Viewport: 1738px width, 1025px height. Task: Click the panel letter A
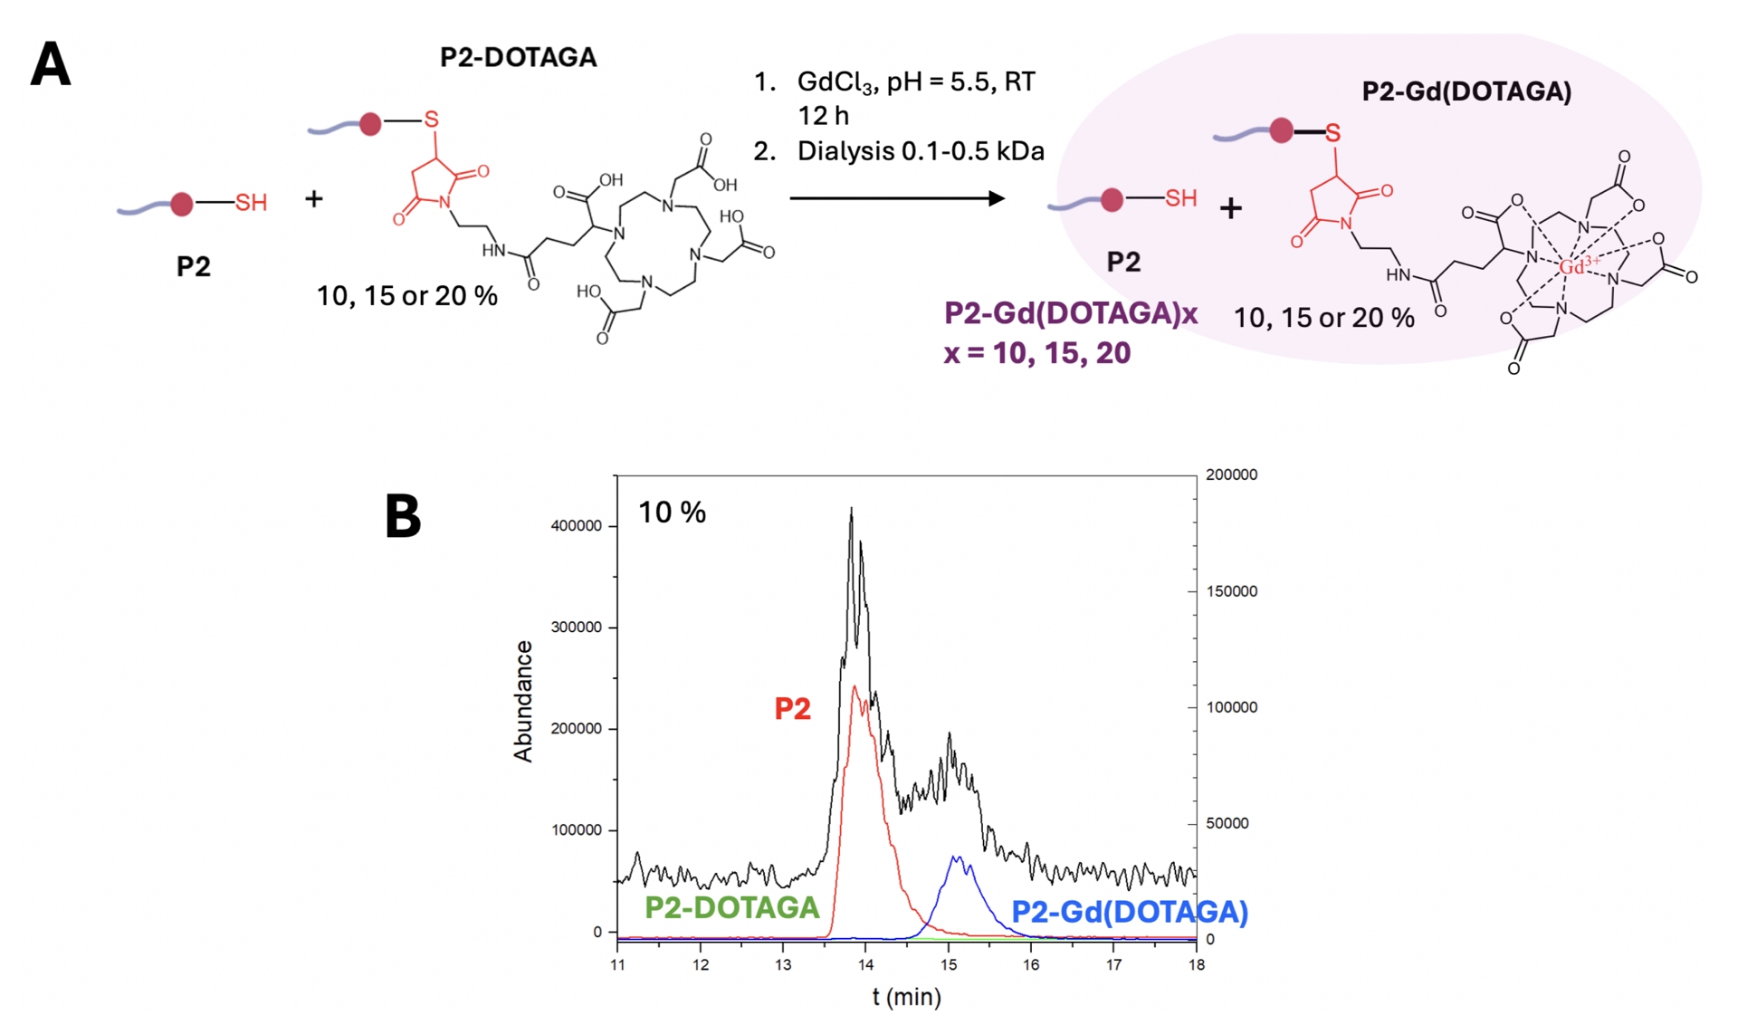[51, 66]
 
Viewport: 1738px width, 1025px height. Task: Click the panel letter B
[403, 516]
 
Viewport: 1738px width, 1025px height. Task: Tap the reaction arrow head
[997, 198]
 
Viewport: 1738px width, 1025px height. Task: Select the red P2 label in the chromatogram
[792, 709]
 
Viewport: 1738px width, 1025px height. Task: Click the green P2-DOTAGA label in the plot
[731, 907]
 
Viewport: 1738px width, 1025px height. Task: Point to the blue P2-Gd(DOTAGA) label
[1129, 912]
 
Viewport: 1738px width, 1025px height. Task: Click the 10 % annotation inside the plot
[672, 512]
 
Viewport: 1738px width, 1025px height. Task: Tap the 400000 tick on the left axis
[576, 526]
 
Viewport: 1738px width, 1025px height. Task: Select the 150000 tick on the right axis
[1231, 591]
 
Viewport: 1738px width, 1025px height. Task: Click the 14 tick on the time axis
[865, 965]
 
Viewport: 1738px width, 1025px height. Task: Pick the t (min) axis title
[906, 997]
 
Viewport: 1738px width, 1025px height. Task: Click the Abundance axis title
[523, 701]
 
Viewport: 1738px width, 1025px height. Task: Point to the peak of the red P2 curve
[854, 687]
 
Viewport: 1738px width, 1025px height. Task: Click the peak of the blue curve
[956, 857]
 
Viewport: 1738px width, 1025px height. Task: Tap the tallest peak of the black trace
[851, 511]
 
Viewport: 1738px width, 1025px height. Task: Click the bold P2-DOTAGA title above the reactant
[518, 58]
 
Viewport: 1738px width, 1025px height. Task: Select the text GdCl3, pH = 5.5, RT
[915, 82]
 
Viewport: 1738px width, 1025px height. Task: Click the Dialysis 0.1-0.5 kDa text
[920, 151]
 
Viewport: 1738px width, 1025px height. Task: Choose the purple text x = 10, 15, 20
[1036, 353]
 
